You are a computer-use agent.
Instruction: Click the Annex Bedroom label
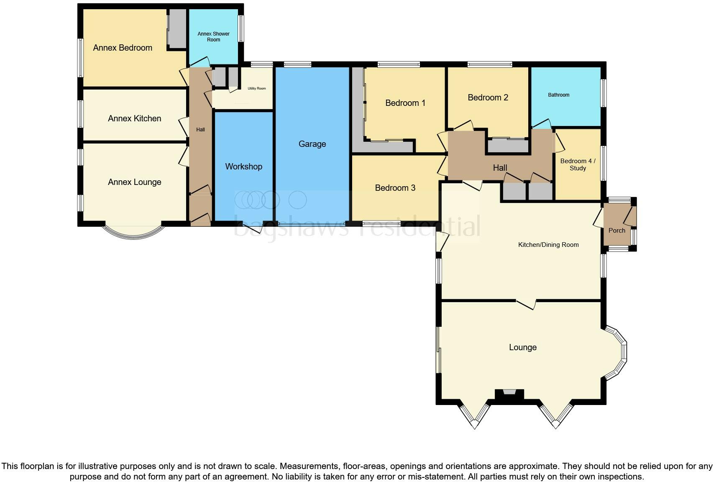pos(123,48)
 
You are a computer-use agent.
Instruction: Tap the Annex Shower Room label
pos(213,37)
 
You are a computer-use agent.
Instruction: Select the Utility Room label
pos(256,88)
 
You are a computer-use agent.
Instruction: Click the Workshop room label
pos(243,167)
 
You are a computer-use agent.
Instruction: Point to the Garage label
pos(312,144)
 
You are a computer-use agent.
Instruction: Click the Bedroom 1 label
pos(405,103)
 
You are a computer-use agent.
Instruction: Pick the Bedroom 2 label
pos(488,97)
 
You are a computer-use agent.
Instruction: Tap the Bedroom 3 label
pos(395,188)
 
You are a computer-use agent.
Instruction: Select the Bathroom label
pos(558,95)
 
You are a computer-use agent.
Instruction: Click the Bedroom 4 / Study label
pos(578,164)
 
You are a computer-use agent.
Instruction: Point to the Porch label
pos(616,231)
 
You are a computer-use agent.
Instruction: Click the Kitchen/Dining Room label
pos(548,245)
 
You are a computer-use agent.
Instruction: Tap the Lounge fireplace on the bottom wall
pos(509,395)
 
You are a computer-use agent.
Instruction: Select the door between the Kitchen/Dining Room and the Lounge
pos(526,304)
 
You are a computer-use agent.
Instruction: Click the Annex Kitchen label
pos(134,118)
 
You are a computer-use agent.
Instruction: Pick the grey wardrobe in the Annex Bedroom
pos(177,28)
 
